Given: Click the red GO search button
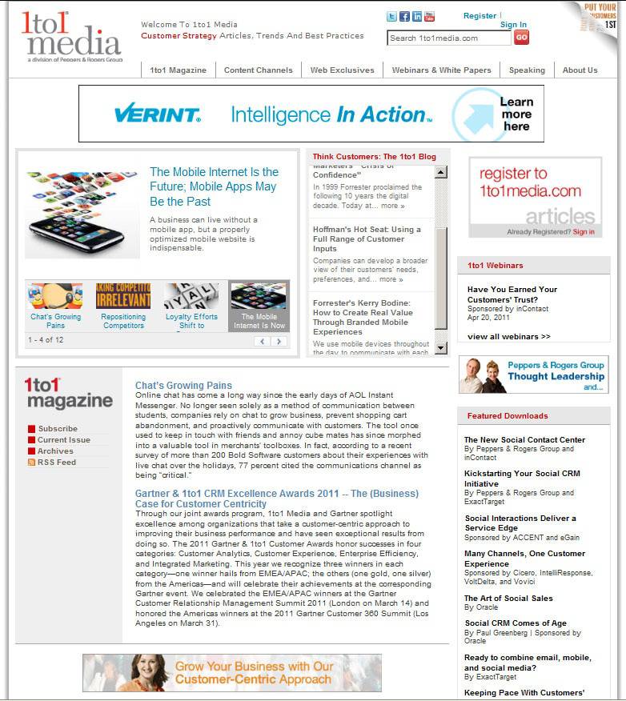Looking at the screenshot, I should click(521, 37).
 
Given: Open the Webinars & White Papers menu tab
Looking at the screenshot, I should click(441, 70).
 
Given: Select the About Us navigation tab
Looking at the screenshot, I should click(580, 70).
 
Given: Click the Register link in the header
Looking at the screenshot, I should click(480, 16).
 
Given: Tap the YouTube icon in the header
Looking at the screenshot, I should click(429, 17).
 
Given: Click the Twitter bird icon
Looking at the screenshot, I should click(392, 17).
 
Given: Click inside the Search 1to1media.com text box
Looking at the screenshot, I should click(448, 38).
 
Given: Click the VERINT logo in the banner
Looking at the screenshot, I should click(157, 114).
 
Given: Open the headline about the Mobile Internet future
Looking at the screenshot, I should click(214, 186).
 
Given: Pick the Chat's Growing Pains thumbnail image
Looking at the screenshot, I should click(55, 296).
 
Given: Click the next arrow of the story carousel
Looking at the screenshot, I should click(279, 341).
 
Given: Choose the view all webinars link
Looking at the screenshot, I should click(508, 336).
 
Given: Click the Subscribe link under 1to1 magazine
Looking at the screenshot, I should click(58, 429).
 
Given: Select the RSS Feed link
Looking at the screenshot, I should click(56, 463).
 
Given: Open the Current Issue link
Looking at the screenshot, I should click(63, 440).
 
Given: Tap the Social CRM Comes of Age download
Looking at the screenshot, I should click(515, 623).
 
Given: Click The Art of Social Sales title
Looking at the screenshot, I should click(508, 599).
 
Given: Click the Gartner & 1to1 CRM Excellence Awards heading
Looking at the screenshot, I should click(276, 499).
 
